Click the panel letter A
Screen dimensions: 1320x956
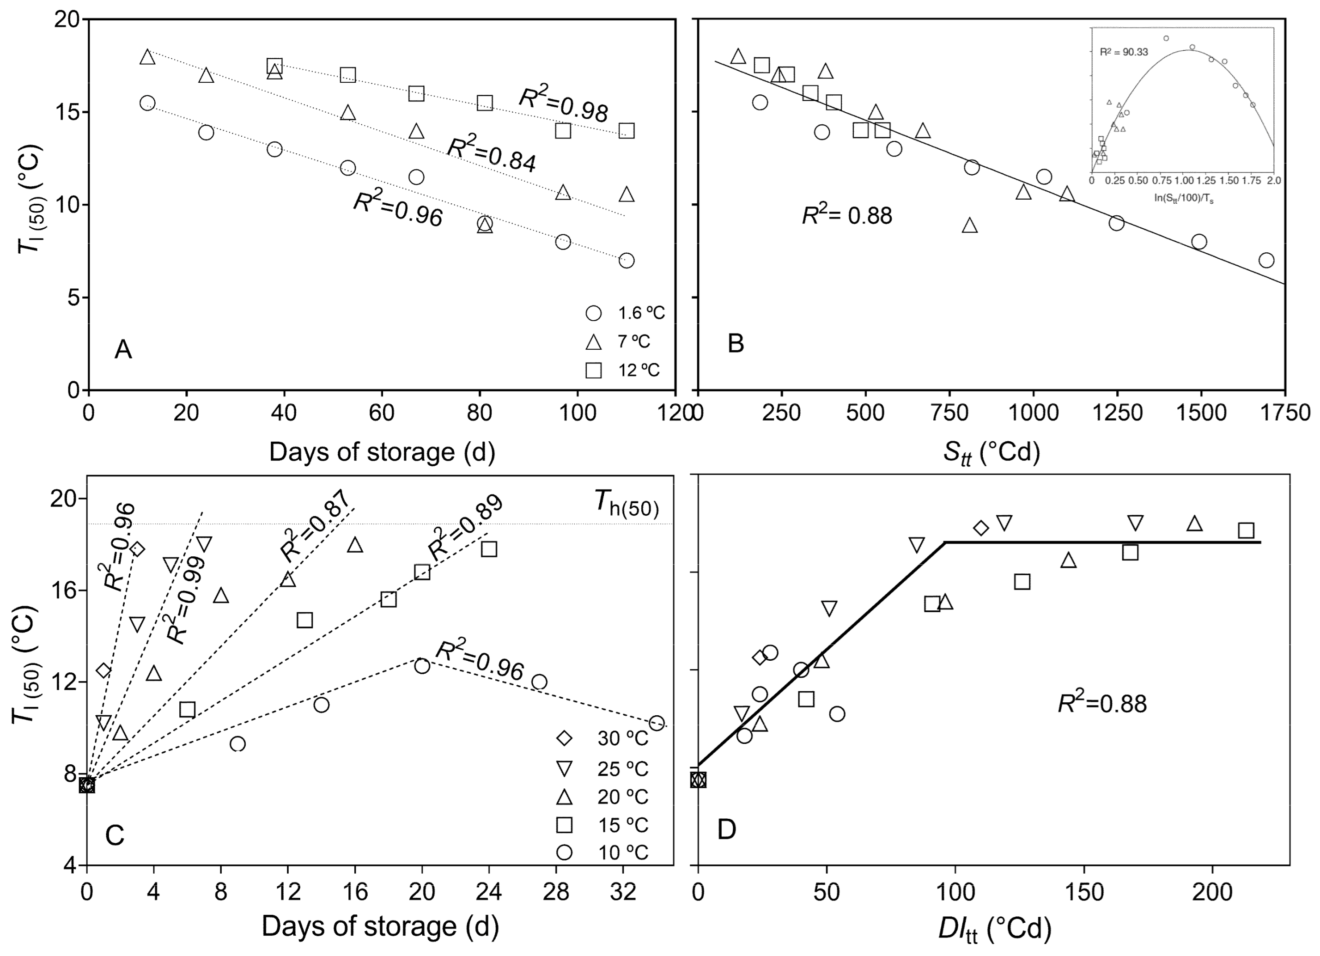[x=123, y=350]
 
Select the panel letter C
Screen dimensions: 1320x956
[x=115, y=835]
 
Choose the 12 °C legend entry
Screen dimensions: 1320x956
[x=623, y=370]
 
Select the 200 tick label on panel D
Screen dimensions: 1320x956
[x=1212, y=891]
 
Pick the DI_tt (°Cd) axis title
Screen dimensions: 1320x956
[x=995, y=929]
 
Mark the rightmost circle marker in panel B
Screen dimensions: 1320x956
[x=1266, y=260]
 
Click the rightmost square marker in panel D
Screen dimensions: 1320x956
[x=1246, y=530]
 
